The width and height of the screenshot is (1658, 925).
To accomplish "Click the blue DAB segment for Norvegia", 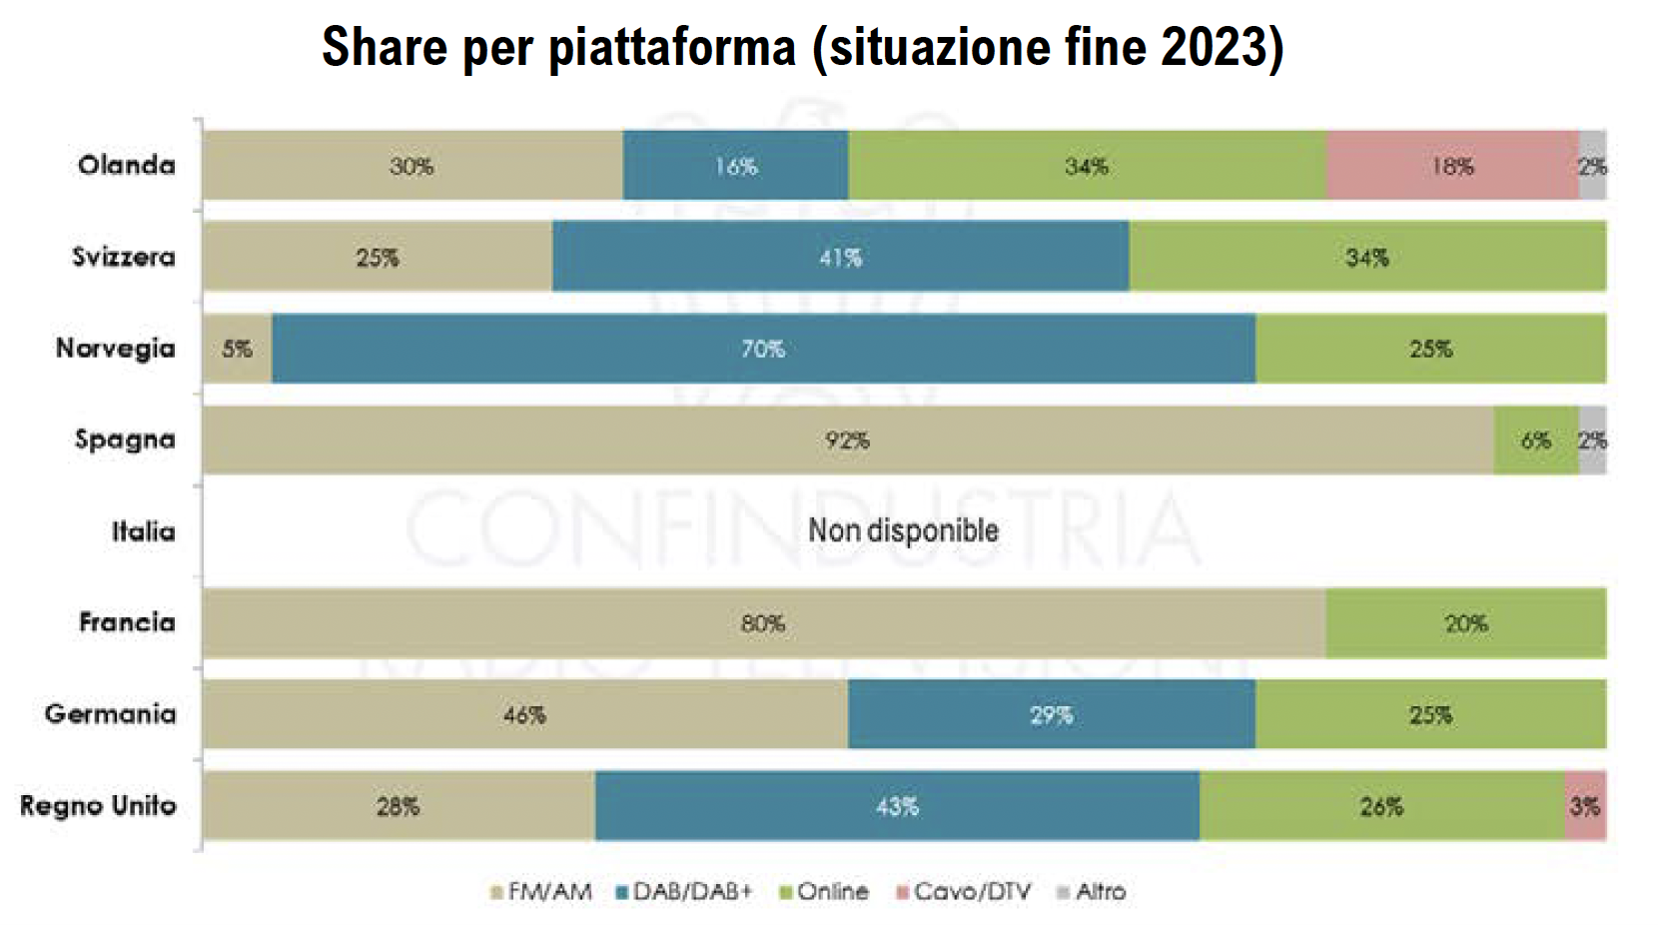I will pos(763,349).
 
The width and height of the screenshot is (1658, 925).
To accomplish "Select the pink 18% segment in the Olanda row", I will pos(1452,166).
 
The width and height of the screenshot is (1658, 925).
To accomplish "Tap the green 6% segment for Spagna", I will pos(1535,441).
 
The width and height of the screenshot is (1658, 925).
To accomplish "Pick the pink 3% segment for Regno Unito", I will pos(1585,806).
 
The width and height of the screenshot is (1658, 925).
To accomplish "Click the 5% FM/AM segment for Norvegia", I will pos(237,349).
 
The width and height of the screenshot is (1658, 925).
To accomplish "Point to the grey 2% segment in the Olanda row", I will pos(1593,166).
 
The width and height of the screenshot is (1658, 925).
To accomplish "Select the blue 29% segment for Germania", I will pos(1051,715).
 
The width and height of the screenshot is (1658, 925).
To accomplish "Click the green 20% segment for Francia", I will pos(1465,623).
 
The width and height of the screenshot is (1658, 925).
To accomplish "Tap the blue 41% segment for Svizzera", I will pos(840,258).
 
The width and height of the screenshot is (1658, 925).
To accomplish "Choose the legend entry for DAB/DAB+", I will pos(684,892).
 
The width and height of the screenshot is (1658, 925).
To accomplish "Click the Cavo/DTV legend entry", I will pos(964,892).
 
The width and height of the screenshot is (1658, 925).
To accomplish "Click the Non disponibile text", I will pos(903,530).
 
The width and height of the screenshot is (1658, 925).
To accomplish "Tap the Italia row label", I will pos(143,531).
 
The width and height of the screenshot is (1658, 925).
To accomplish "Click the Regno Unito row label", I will pos(98,806).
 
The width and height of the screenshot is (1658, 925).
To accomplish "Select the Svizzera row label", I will pos(123,258).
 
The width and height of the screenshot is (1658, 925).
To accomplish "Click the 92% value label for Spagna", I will pos(847,441).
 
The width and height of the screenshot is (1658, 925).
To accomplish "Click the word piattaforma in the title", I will pos(672,47).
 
